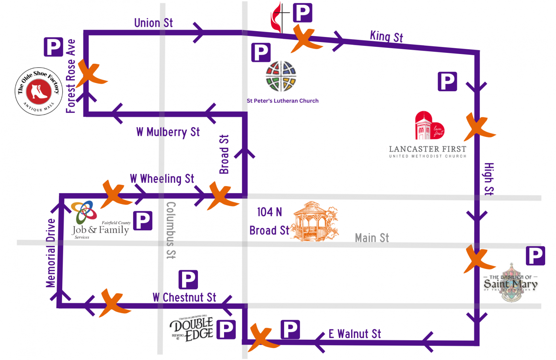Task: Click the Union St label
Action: [153, 23]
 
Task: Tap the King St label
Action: [386, 37]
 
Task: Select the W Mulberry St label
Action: [168, 132]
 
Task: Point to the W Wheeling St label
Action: [162, 179]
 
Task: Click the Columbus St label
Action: [171, 230]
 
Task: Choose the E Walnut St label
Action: [355, 334]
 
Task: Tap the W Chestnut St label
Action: [184, 298]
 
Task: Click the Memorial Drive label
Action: [51, 253]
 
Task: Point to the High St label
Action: [489, 179]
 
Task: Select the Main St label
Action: [372, 238]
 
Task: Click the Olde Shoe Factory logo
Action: [38, 92]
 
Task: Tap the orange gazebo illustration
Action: [315, 222]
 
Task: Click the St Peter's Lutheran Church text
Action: [282, 101]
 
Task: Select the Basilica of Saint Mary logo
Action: [511, 284]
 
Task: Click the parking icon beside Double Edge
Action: [226, 330]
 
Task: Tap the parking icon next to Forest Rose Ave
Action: [53, 47]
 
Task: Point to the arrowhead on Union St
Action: [199, 33]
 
